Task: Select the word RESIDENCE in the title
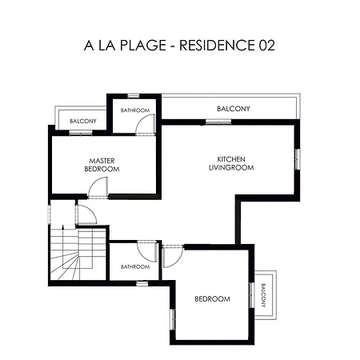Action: (215, 46)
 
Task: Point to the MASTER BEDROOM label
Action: (104, 165)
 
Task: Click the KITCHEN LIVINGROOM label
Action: (230, 163)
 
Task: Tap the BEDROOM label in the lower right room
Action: (213, 299)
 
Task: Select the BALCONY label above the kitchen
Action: (234, 109)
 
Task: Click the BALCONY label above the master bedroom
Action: (83, 121)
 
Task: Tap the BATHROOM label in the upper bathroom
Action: (135, 110)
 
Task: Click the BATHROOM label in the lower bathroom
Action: (135, 266)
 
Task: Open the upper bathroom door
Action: (145, 124)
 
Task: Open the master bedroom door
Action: (98, 187)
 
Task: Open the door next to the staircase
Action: (86, 214)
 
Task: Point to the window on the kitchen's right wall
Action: (297, 158)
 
